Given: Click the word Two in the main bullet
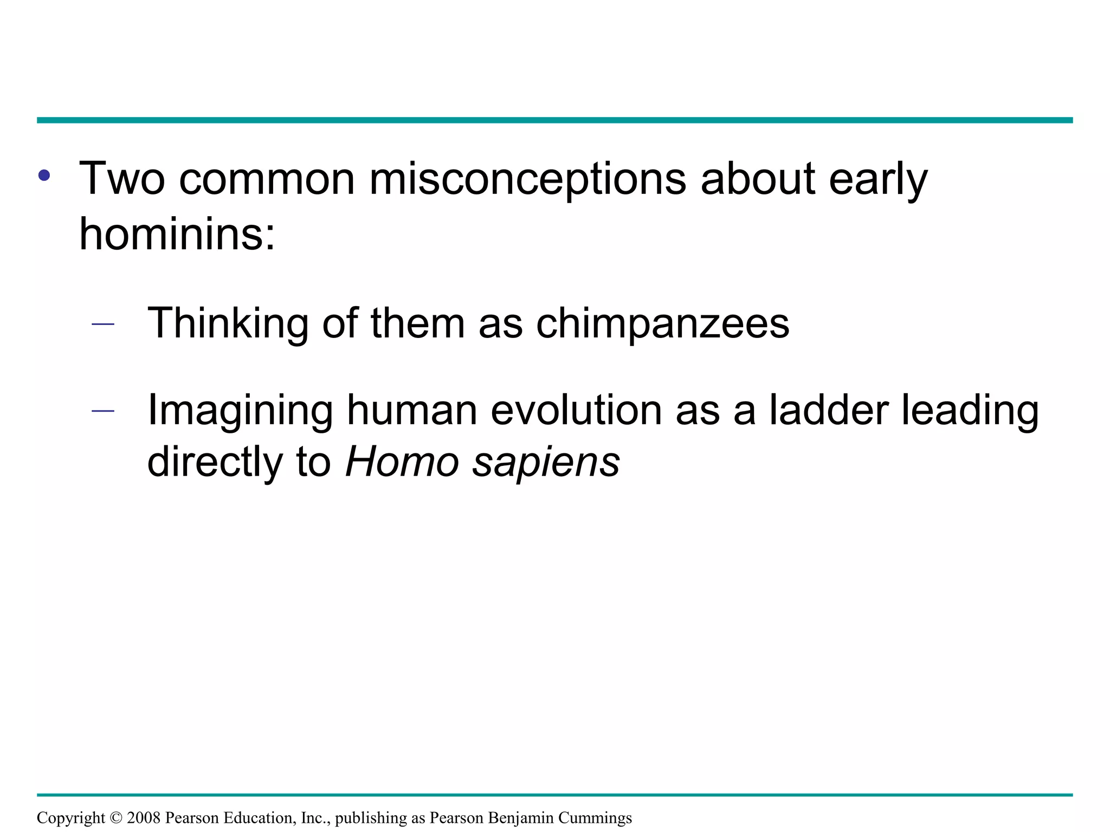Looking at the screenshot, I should pyautogui.click(x=122, y=179).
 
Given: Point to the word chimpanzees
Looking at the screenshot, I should pyautogui.click(x=662, y=323).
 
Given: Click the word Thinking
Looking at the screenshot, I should pyautogui.click(x=228, y=323).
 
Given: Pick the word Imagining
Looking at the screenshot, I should pyautogui.click(x=240, y=411).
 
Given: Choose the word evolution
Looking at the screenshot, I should pyautogui.click(x=576, y=409).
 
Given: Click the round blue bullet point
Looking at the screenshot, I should pyautogui.click(x=44, y=175).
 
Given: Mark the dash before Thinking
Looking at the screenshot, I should pyautogui.click(x=103, y=324).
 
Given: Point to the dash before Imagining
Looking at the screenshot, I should pyautogui.click(x=103, y=411).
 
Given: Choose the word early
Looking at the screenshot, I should pyautogui.click(x=879, y=179).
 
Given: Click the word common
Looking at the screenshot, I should pyautogui.click(x=267, y=179).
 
